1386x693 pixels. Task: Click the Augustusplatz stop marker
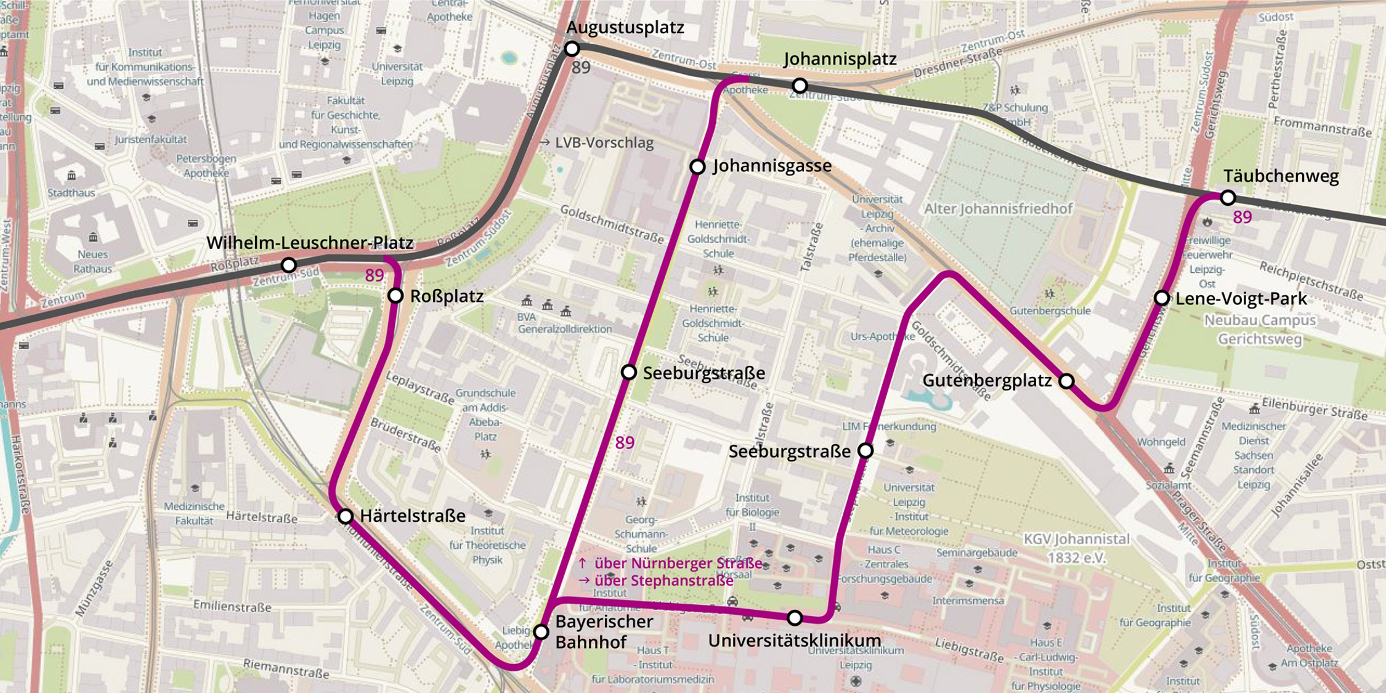tap(572, 48)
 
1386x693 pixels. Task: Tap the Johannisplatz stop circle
tap(800, 85)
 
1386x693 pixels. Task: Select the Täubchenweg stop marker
tap(1228, 198)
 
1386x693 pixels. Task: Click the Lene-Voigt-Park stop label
tap(1241, 299)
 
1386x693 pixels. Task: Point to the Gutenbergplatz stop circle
tap(1066, 381)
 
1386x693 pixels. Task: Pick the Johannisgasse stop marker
tap(697, 166)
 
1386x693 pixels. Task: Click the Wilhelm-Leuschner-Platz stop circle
tap(288, 265)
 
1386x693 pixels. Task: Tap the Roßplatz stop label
tap(447, 296)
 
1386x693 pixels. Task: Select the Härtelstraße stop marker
tap(346, 516)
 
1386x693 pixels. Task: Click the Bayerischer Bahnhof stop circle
tap(541, 631)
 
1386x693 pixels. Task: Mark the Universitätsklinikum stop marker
tap(795, 617)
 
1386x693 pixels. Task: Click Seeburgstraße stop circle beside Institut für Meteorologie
tap(865, 451)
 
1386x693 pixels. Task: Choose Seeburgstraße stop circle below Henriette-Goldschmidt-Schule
tap(628, 372)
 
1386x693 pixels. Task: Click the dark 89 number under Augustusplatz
tap(581, 68)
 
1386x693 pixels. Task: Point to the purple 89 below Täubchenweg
tap(1242, 217)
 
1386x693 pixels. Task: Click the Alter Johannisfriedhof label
tap(998, 209)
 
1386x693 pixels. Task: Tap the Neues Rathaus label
tap(92, 261)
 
